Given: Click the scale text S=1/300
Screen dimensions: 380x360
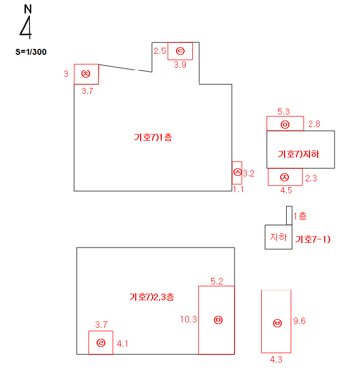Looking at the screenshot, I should [31, 53].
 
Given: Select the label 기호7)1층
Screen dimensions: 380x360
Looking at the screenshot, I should [153, 137].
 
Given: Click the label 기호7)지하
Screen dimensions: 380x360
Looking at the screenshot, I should [298, 154].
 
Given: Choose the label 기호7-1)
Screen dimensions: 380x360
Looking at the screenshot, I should [313, 239].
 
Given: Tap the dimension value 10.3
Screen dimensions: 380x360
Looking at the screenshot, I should [188, 320].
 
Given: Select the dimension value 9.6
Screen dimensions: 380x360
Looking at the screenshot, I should [299, 321].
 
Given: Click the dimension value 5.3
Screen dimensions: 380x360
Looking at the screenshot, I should [283, 112].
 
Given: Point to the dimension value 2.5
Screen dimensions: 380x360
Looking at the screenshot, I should [160, 51].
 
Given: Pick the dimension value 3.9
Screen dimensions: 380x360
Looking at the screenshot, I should [180, 65].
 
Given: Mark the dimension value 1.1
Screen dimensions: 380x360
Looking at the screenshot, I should [238, 189].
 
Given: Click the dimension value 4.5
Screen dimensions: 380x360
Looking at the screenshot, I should [286, 191].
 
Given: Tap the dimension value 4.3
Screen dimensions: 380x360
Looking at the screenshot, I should [276, 359].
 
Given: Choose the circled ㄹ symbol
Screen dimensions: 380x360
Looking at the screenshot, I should [100, 343].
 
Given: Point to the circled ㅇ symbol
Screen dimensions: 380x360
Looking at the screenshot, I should [285, 125].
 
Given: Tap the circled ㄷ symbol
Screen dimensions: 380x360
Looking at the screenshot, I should [180, 51].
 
